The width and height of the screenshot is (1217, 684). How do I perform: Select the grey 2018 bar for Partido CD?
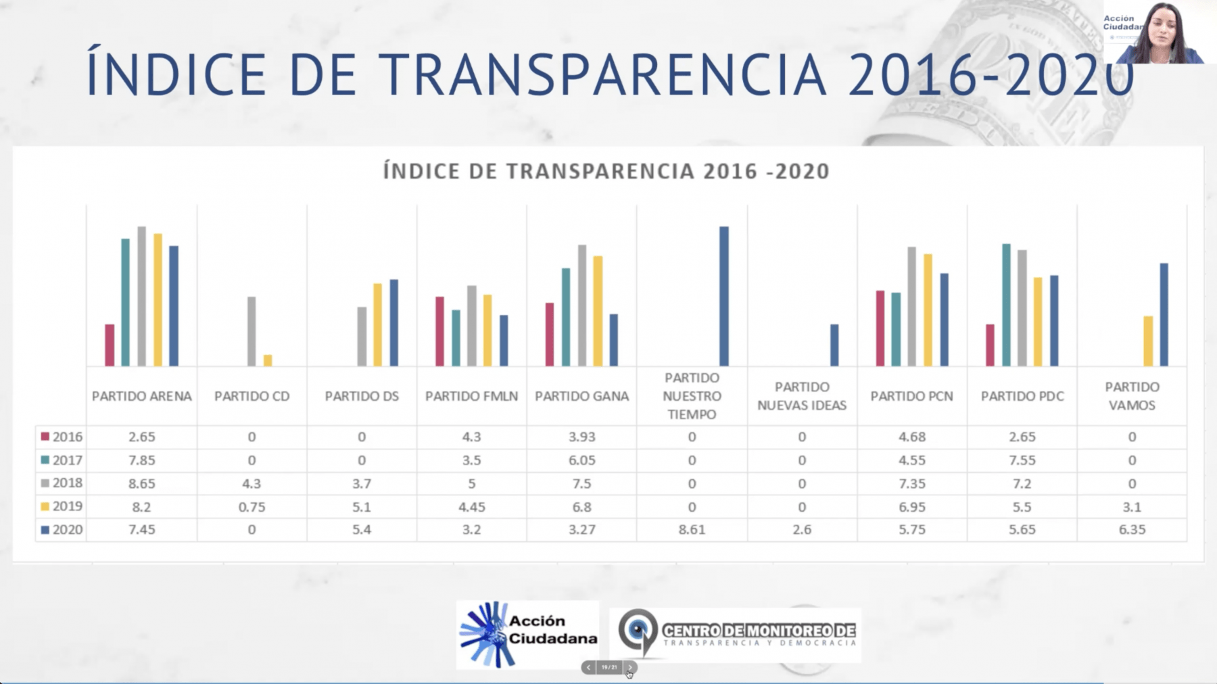pyautogui.click(x=252, y=331)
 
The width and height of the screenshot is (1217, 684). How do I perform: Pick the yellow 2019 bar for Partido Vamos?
pyautogui.click(x=1148, y=341)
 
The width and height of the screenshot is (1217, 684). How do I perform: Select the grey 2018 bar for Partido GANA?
pyautogui.click(x=582, y=305)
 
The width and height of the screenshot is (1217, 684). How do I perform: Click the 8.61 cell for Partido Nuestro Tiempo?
pyautogui.click(x=692, y=529)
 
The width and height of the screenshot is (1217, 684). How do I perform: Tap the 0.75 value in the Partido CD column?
pyautogui.click(x=252, y=506)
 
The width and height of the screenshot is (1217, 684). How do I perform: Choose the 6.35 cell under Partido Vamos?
pyautogui.click(x=1132, y=529)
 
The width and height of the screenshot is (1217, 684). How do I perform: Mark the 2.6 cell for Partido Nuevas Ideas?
pyautogui.click(x=802, y=529)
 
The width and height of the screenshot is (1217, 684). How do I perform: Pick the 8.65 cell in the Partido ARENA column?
pyautogui.click(x=142, y=483)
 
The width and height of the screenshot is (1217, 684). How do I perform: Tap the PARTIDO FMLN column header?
pyautogui.click(x=471, y=396)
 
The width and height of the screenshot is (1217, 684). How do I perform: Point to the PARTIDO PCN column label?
pyautogui.click(x=911, y=396)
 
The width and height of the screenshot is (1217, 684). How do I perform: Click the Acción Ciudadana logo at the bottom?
pyautogui.click(x=527, y=634)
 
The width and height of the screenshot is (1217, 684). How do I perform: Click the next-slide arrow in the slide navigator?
pyautogui.click(x=629, y=667)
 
